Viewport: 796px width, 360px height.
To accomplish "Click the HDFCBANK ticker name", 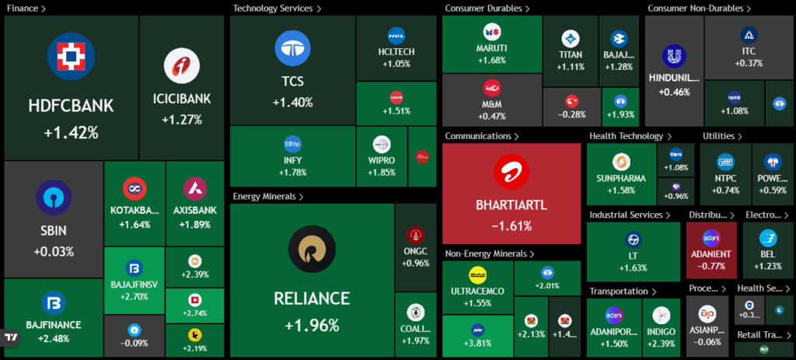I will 71,106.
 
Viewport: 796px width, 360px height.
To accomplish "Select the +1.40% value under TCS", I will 292,102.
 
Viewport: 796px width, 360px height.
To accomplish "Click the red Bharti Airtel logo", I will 511,173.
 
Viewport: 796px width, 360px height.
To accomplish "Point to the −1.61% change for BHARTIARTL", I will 511,226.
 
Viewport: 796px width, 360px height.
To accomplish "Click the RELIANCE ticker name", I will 311,299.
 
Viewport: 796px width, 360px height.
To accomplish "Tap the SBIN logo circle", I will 54,197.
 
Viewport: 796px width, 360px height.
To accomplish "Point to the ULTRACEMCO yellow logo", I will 477,274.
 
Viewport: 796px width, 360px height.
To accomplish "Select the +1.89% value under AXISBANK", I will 194,225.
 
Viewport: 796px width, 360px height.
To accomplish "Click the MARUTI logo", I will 491,32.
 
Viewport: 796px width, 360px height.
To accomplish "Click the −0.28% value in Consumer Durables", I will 571,114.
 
